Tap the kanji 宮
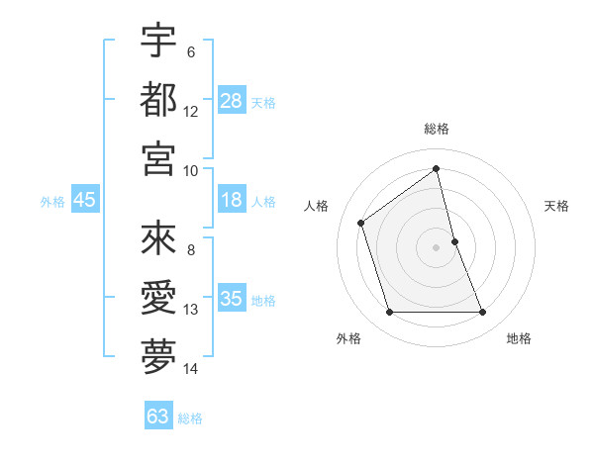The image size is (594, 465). pos(158,157)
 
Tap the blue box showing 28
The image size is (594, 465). pos(232,100)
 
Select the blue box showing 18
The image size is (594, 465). pos(232,201)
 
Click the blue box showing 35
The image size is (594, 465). pos(232,299)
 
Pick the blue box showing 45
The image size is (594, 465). pos(84,200)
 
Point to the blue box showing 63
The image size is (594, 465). pos(157,417)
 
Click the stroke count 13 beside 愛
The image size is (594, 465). pos(191,310)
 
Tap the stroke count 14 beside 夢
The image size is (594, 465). pos(191,369)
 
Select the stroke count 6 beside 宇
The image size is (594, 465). pos(191,51)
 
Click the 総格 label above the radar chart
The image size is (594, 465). pos(437,130)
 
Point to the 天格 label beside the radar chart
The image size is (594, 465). pos(557,206)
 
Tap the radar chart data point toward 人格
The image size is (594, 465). pos(361,223)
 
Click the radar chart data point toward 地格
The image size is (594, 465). pos(483,313)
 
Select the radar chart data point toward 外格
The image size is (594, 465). pos(389,313)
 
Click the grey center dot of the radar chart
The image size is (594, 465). pos(437,247)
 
